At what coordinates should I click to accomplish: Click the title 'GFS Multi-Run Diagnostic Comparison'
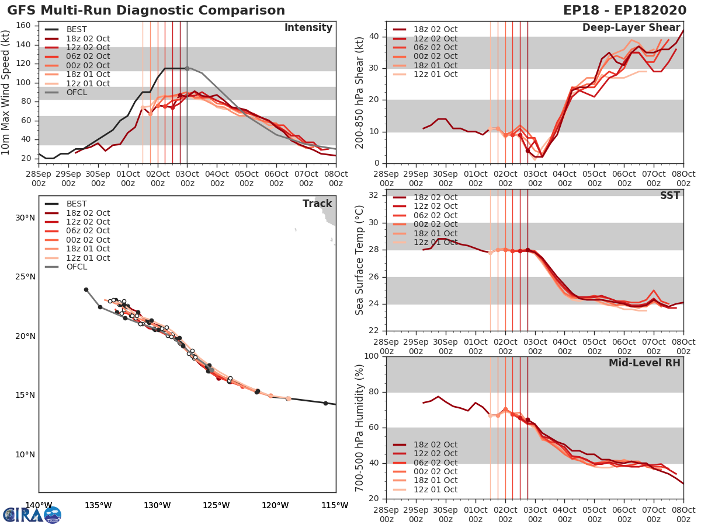[147, 10]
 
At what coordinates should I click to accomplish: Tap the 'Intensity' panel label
[308, 28]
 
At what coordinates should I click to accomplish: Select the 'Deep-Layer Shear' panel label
[631, 28]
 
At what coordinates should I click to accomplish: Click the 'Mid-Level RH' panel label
[644, 363]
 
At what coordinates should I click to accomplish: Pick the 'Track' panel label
[317, 204]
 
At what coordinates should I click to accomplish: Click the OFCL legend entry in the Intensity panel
[77, 92]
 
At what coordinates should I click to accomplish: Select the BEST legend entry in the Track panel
[76, 204]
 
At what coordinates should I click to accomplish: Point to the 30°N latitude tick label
[25, 218]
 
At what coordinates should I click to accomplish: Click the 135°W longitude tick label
[98, 505]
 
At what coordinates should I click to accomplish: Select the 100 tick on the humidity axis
[373, 356]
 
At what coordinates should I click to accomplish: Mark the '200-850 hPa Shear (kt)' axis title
[360, 92]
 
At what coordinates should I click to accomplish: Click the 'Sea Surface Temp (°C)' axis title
[360, 260]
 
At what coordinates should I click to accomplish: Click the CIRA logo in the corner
[32, 514]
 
